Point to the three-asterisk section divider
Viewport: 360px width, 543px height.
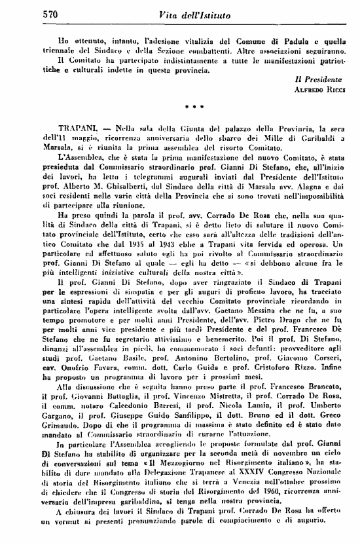coord(190,105)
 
